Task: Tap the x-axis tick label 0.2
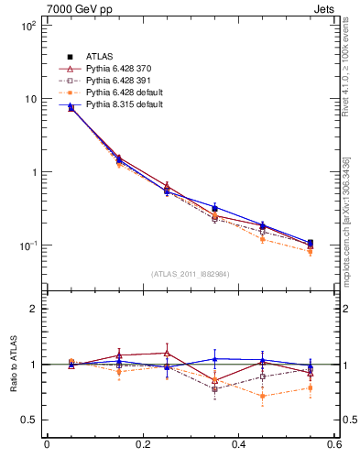(x=142, y=445)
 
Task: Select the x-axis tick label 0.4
(x=238, y=445)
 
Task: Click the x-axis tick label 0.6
(x=333, y=445)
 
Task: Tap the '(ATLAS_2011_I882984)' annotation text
(x=190, y=274)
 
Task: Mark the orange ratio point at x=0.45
(x=262, y=396)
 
